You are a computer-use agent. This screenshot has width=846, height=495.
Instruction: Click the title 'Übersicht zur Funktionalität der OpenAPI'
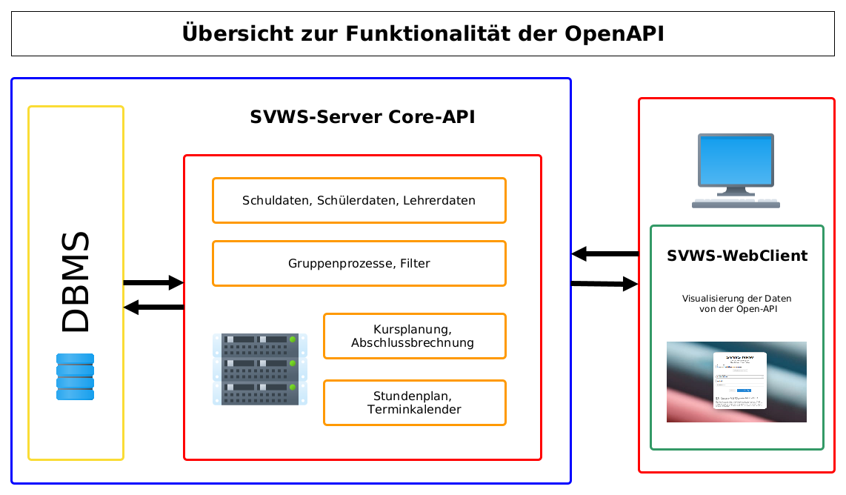(423, 34)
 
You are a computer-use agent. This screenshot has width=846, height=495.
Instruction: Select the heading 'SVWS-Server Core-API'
(362, 117)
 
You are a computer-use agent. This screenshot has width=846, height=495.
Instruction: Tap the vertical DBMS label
(76, 282)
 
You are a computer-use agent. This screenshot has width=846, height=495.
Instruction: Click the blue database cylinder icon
(76, 376)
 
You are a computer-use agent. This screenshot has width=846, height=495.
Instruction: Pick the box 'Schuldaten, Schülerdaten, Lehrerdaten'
(359, 200)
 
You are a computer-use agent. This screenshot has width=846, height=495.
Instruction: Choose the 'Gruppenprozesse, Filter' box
(359, 263)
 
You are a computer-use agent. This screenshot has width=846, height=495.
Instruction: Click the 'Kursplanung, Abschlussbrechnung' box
(414, 336)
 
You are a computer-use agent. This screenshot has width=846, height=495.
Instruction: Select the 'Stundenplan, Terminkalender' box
(414, 402)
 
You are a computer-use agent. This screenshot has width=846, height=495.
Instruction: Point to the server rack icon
(259, 369)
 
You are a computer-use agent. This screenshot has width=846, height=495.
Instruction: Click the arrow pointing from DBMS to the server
(153, 282)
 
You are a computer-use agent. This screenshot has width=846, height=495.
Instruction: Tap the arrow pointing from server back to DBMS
(153, 307)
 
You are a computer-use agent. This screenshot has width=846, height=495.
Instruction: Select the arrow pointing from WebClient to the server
(604, 254)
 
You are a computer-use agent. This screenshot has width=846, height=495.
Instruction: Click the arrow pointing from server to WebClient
(604, 284)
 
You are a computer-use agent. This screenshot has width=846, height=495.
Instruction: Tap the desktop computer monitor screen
(736, 160)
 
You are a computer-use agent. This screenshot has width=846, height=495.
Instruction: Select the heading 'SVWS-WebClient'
(737, 256)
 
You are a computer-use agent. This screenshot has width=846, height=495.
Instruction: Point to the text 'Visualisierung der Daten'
(737, 299)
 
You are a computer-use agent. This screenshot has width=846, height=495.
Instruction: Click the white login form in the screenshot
(739, 380)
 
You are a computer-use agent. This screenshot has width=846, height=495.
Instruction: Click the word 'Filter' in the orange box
(416, 263)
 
